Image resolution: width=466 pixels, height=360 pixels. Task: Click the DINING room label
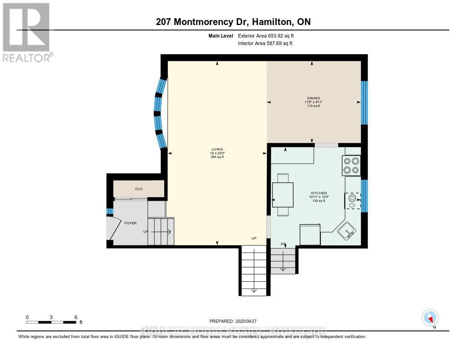(313, 98)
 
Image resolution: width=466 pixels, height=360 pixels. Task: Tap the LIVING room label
(216, 149)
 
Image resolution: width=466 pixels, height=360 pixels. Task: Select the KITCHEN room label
(319, 193)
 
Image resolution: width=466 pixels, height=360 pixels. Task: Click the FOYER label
(131, 223)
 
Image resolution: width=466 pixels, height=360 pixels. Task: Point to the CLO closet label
(139, 188)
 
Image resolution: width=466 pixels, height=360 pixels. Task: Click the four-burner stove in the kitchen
(351, 165)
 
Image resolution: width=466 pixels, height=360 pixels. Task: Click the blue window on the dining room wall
(364, 103)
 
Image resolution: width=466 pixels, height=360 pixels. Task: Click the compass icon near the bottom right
(430, 317)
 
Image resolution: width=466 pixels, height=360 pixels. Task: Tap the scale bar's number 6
(76, 317)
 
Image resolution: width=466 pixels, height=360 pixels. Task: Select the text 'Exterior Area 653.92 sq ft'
(268, 35)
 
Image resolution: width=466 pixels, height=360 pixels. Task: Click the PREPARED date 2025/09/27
(236, 321)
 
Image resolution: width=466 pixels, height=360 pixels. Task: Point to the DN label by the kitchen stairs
(283, 244)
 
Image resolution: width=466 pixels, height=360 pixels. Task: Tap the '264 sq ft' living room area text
(216, 157)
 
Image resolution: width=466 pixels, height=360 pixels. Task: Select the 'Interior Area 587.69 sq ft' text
(265, 43)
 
